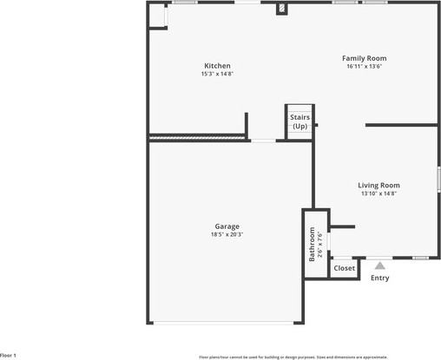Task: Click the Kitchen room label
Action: [217, 66]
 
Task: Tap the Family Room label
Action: [365, 58]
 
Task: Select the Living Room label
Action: [378, 185]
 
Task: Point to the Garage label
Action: [227, 226]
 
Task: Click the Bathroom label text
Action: [312, 245]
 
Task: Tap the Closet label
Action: [344, 268]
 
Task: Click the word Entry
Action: [380, 278]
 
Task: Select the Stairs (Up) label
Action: [299, 121]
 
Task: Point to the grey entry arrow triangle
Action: [379, 265]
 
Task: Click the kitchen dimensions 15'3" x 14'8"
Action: [217, 75]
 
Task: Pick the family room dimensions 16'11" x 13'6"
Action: [365, 67]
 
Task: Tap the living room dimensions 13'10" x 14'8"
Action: [378, 193]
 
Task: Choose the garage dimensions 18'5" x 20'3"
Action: [227, 234]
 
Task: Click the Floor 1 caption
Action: [9, 355]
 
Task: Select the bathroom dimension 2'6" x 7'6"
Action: [320, 245]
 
